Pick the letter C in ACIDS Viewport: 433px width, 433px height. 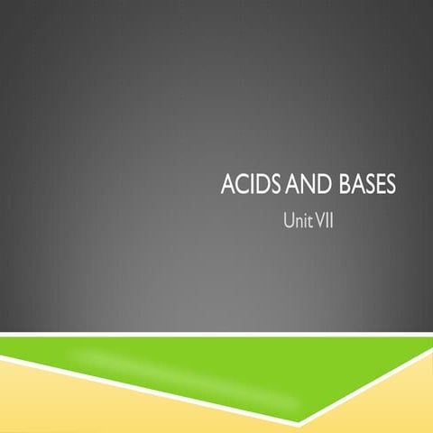click(237, 189)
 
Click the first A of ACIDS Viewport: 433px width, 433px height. click(226, 189)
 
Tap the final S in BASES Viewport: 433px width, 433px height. click(390, 189)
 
